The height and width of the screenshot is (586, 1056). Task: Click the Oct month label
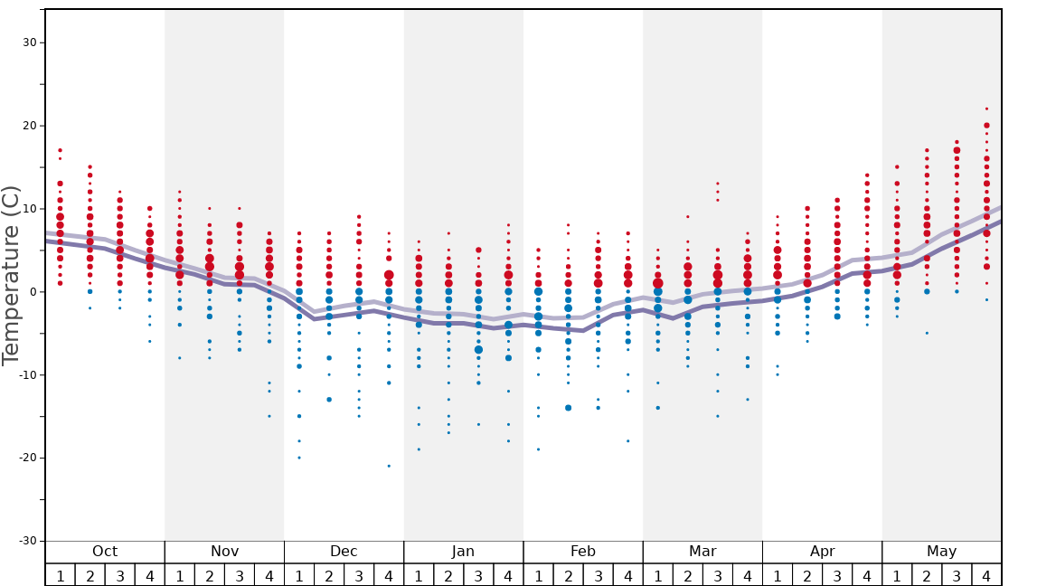[105, 552]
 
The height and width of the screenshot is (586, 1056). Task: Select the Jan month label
[463, 552]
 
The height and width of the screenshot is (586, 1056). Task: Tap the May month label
[941, 552]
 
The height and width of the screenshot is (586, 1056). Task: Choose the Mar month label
[702, 552]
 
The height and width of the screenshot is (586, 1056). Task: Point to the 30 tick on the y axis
[28, 43]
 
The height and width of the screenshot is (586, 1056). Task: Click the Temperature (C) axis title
[11, 276]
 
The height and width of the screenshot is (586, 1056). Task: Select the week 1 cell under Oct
[60, 575]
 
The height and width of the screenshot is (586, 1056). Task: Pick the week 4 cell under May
[986, 575]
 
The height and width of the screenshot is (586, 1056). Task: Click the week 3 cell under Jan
[478, 575]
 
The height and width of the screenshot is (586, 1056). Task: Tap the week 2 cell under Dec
[329, 575]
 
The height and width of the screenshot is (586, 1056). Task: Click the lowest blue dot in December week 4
[389, 466]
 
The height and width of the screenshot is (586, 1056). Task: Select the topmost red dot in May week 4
[986, 109]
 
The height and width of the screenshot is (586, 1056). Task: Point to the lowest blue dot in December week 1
[299, 458]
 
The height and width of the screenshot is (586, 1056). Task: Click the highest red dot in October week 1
[60, 150]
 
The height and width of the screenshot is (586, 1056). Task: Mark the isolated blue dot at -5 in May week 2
[927, 333]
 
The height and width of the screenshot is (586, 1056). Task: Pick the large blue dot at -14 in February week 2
[568, 408]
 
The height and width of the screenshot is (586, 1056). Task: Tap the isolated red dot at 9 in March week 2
[687, 216]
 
